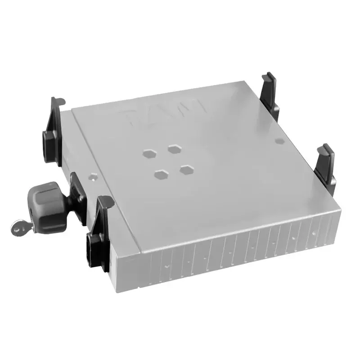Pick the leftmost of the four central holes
tap(148, 153)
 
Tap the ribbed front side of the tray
tap(234, 252)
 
